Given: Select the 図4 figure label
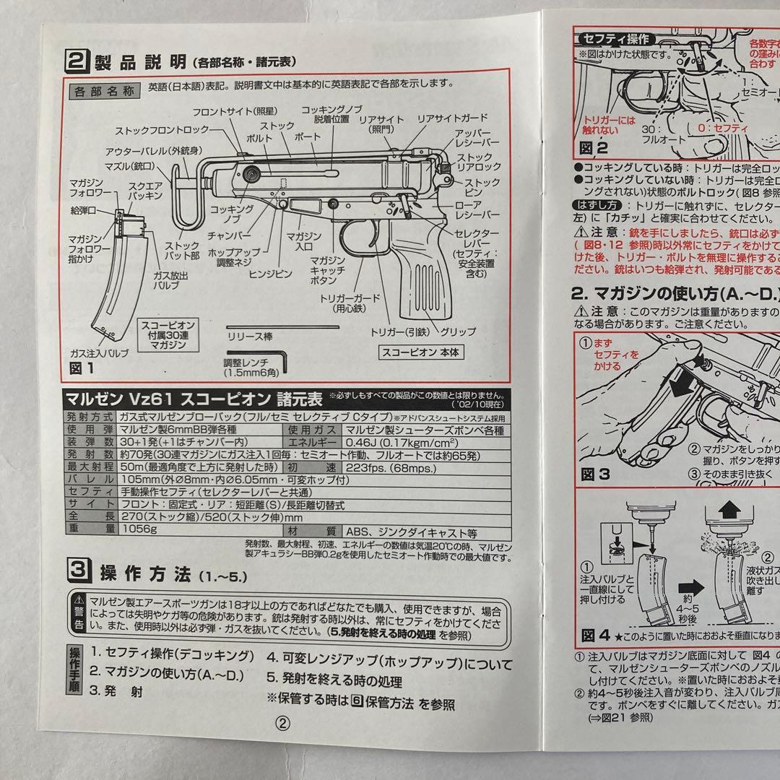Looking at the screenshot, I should point(597,635).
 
